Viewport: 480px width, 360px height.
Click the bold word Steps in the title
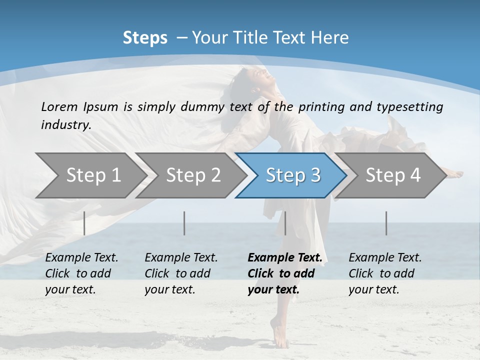click(x=145, y=38)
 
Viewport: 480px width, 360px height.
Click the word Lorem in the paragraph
click(x=59, y=106)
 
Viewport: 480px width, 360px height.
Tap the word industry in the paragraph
click(x=66, y=125)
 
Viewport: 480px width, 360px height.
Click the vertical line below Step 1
click(x=84, y=223)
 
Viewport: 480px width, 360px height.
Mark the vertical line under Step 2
click(x=184, y=223)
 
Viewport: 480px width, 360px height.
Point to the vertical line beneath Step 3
click(x=285, y=223)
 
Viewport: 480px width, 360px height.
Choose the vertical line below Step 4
click(x=386, y=223)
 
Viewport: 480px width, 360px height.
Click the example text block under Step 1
click(x=81, y=273)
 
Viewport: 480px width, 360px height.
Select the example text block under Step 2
click(x=181, y=273)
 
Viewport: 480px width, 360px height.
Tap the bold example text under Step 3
click(x=284, y=273)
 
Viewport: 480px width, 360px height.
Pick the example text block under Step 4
click(x=385, y=273)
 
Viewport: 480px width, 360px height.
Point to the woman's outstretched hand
click(x=455, y=174)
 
